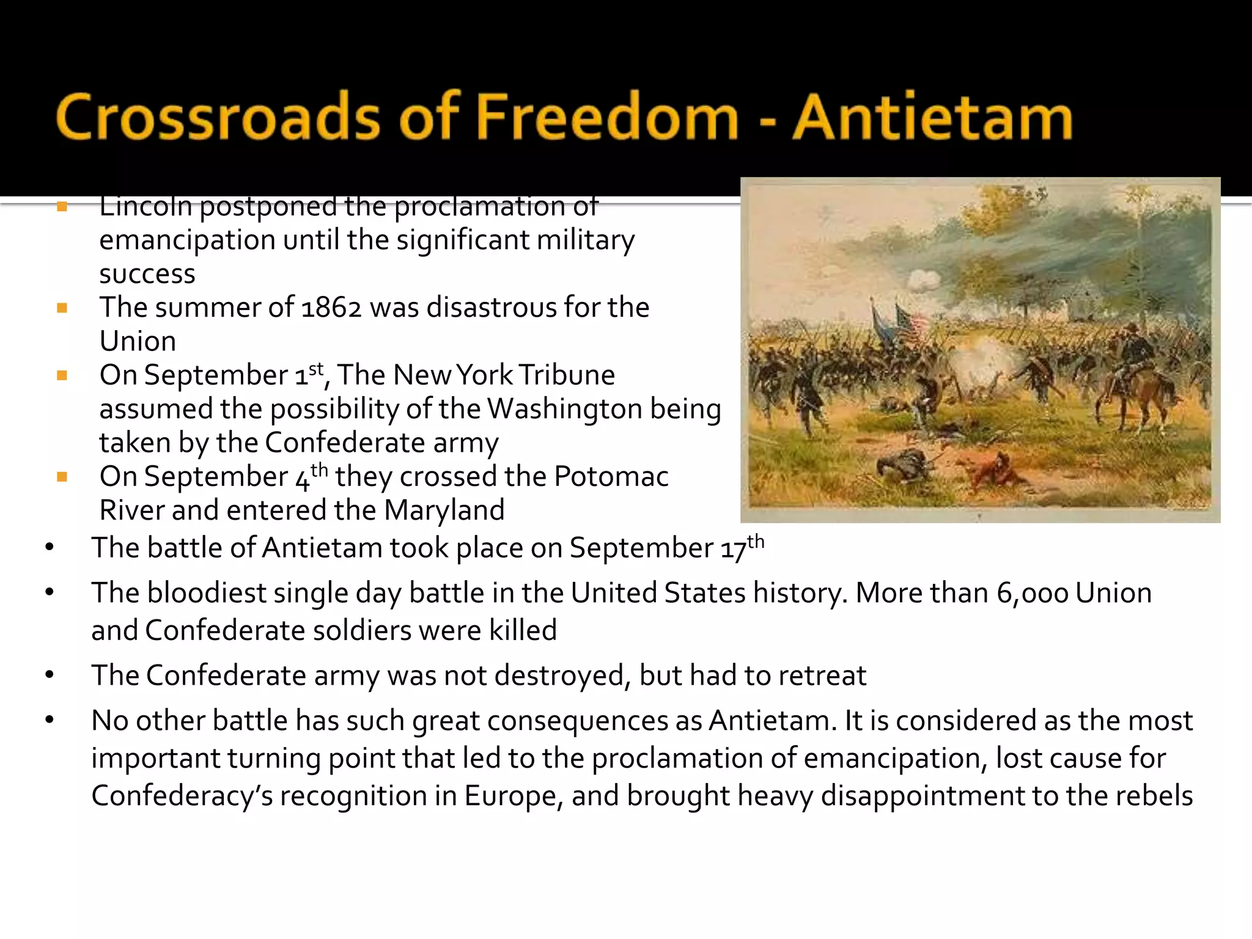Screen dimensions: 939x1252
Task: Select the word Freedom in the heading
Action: [607, 117]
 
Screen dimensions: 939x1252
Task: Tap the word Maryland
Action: [444, 510]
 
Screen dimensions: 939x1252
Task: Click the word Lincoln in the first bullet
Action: [145, 207]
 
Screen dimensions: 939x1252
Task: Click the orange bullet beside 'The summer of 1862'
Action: [62, 307]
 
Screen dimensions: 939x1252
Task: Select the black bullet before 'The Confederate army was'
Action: [50, 676]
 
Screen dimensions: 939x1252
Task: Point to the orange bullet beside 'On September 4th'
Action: [62, 477]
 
